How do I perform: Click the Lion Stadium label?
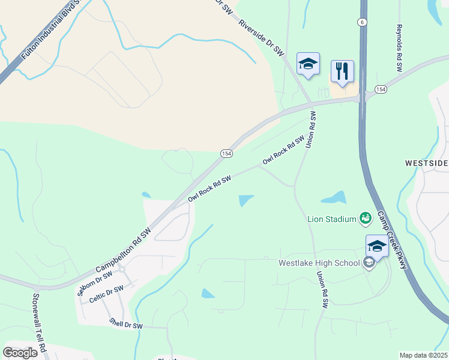pyautogui.click(x=332, y=219)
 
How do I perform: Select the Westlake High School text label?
pyautogui.click(x=319, y=263)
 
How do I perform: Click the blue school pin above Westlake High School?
pyautogui.click(x=376, y=246)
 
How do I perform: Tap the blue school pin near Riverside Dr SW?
pyautogui.click(x=308, y=64)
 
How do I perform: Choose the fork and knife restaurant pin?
pyautogui.click(x=342, y=72)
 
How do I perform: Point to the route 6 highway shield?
pyautogui.click(x=361, y=22)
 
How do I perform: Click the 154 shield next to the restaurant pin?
pyautogui.click(x=381, y=89)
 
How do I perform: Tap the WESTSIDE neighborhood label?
pyautogui.click(x=426, y=163)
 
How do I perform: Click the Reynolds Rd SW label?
pyautogui.click(x=399, y=48)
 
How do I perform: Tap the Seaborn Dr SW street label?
pyautogui.click(x=95, y=283)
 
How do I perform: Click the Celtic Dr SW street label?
pyautogui.click(x=106, y=293)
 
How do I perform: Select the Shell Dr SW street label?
pyautogui.click(x=126, y=324)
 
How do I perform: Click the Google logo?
pyautogui.click(x=20, y=352)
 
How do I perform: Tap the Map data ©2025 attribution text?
pyautogui.click(x=423, y=355)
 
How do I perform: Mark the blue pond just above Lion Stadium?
pyautogui.click(x=334, y=197)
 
